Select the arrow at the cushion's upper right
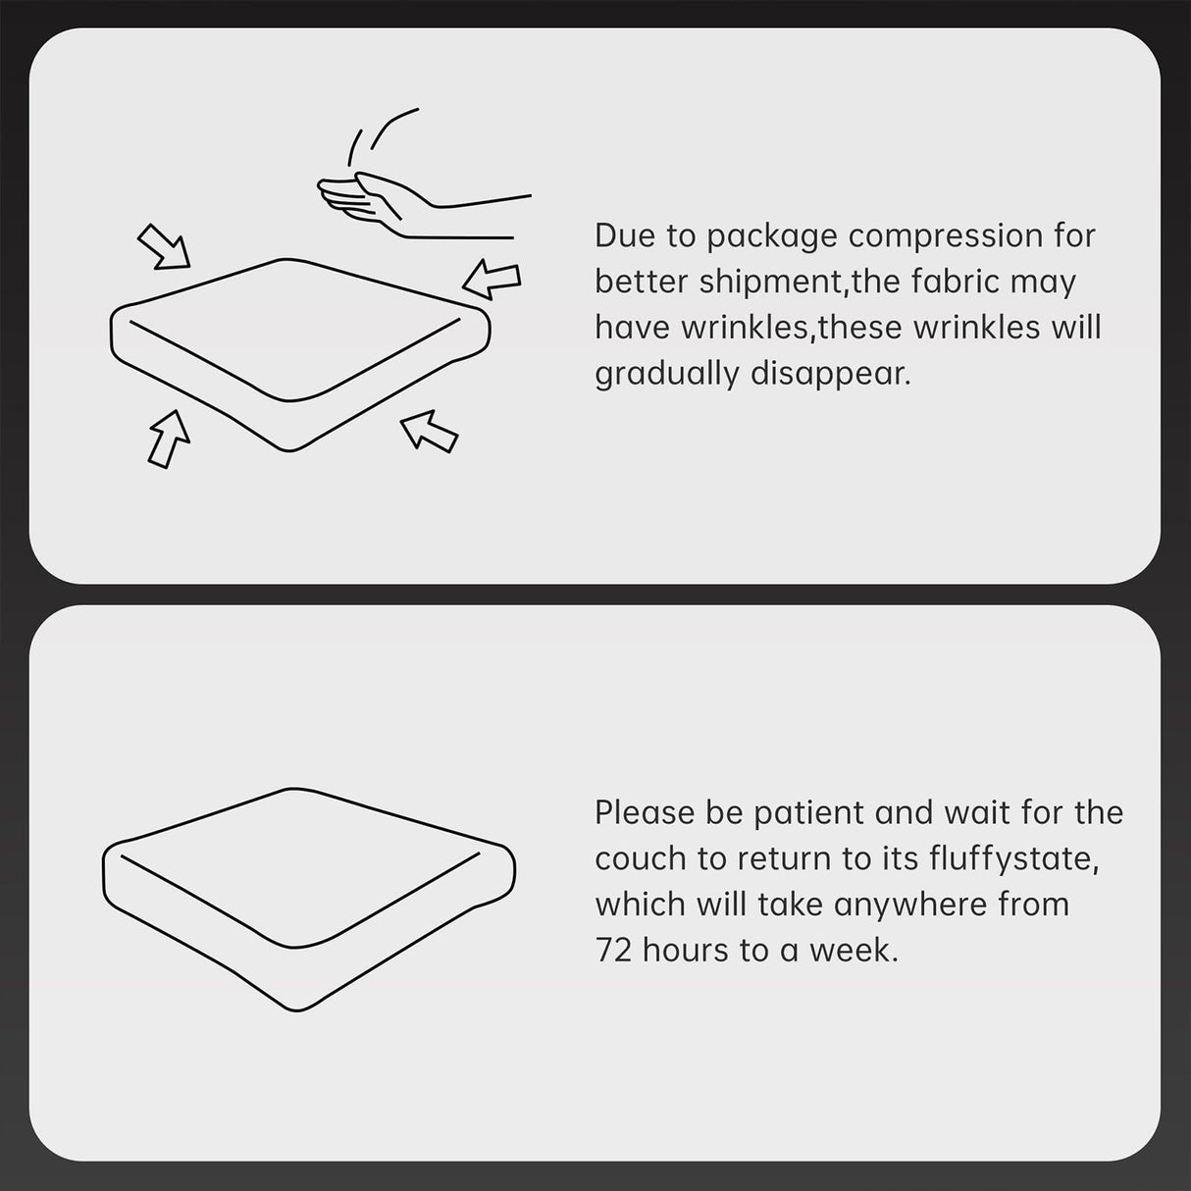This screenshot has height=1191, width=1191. pos(492,280)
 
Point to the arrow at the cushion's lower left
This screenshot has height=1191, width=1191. pos(169,439)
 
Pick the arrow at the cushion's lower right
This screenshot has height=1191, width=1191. pos(430,432)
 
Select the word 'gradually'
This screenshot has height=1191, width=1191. pos(667,375)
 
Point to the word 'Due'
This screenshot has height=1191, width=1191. pos(625,236)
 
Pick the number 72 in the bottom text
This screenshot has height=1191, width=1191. pos(613,952)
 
